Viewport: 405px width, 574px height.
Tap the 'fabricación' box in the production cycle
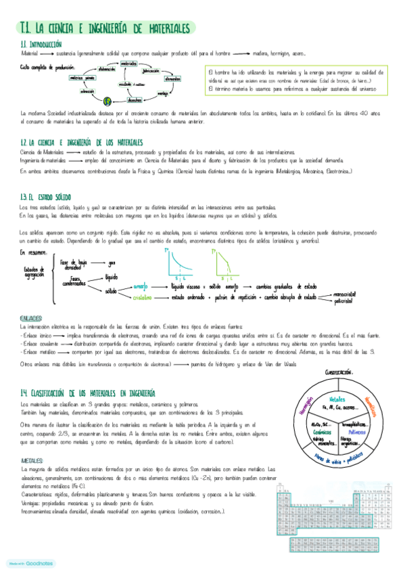(x=151, y=70)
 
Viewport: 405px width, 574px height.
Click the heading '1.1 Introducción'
(x=40, y=44)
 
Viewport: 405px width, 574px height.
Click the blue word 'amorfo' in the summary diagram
(x=141, y=286)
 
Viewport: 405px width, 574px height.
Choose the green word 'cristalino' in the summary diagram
(x=142, y=296)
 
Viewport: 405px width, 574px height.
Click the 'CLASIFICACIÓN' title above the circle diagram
(x=339, y=372)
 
